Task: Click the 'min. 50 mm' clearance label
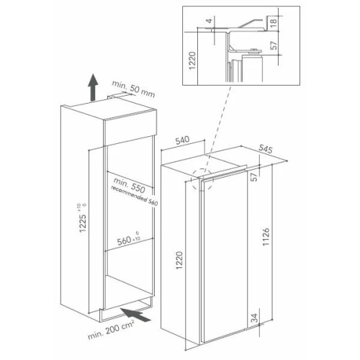(133, 89)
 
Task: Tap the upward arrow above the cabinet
(93, 87)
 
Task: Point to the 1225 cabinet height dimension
(83, 218)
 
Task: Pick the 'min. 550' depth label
(130, 185)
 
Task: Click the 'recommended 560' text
(135, 196)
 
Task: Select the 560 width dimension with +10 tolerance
(129, 238)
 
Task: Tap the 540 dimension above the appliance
(182, 140)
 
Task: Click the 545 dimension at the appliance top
(266, 149)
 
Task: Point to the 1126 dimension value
(266, 237)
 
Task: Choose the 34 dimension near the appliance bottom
(255, 318)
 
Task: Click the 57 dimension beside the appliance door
(254, 177)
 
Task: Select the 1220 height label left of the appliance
(179, 260)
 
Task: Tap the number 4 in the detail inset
(210, 21)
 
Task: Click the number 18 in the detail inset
(274, 22)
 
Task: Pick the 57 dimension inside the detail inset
(274, 45)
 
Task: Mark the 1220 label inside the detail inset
(192, 60)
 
